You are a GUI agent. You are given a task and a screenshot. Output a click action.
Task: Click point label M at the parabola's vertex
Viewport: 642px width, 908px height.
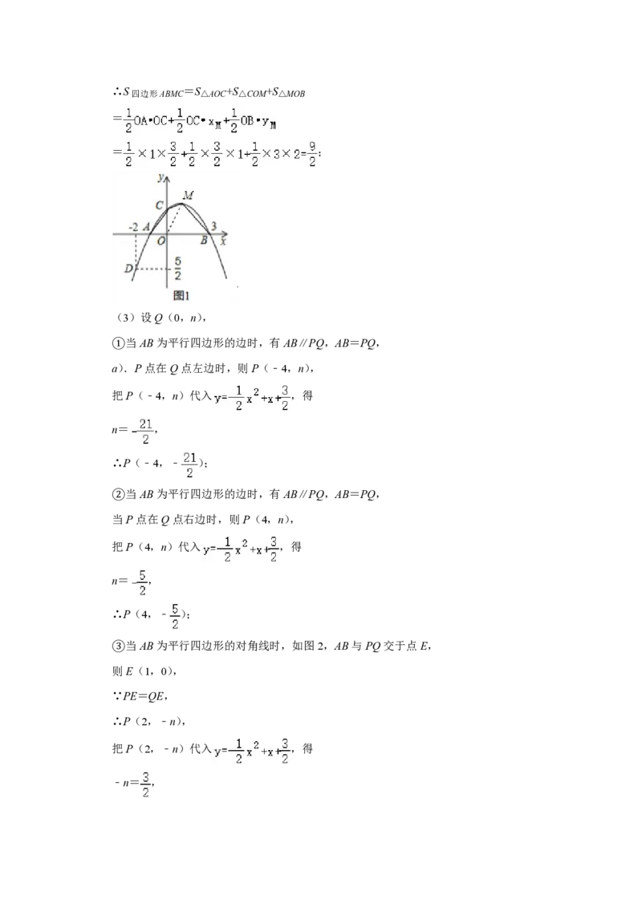[188, 195]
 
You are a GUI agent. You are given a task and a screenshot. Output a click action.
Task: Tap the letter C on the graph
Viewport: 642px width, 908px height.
[160, 205]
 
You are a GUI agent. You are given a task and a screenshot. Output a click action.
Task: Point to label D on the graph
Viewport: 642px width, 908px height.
[128, 268]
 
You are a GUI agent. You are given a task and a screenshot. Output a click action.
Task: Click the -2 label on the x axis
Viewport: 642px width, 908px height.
[133, 227]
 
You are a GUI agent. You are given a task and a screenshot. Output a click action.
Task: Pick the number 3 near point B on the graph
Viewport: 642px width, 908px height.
[214, 226]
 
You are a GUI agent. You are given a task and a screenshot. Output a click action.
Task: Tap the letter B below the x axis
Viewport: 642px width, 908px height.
[204, 240]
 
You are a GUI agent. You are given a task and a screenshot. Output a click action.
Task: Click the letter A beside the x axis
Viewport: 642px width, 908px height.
[147, 227]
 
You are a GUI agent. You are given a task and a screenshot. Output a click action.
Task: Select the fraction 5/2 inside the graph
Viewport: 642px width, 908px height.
[177, 269]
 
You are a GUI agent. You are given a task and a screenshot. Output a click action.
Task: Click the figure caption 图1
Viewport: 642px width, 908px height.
[181, 295]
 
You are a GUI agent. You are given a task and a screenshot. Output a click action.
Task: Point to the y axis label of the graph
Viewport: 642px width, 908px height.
[161, 176]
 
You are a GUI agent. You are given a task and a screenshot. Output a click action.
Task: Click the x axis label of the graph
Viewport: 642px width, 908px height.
[224, 240]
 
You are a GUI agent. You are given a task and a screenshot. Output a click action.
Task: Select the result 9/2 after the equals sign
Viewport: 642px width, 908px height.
[314, 156]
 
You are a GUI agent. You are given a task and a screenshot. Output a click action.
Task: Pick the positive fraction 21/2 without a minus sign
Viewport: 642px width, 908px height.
[189, 464]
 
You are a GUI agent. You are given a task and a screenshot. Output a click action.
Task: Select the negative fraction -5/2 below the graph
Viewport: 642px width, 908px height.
[141, 582]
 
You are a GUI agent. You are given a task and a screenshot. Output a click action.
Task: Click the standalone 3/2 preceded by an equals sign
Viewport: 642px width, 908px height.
[145, 785]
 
